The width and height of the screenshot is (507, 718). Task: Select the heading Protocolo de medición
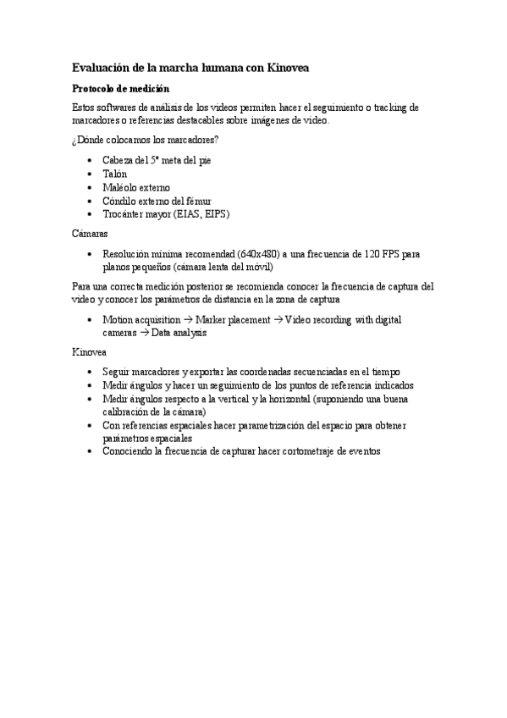(120, 88)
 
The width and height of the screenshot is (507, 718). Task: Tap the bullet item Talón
(115, 174)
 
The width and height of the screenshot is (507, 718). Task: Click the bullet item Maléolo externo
(135, 187)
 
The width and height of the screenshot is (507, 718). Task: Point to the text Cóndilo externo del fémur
(157, 201)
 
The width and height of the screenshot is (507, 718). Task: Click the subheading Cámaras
(89, 232)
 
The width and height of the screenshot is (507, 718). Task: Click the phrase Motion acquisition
(141, 320)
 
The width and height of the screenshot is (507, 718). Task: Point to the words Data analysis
(179, 334)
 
